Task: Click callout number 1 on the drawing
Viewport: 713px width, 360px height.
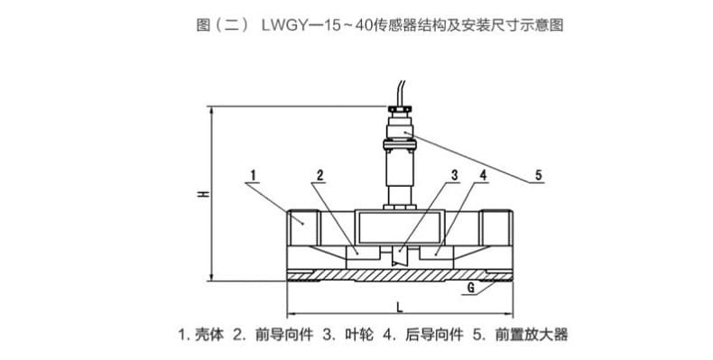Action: coord(255,173)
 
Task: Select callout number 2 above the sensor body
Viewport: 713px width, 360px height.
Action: coord(320,173)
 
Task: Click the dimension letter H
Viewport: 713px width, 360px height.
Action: coord(205,194)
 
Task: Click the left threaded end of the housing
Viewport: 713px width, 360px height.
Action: coord(304,220)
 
